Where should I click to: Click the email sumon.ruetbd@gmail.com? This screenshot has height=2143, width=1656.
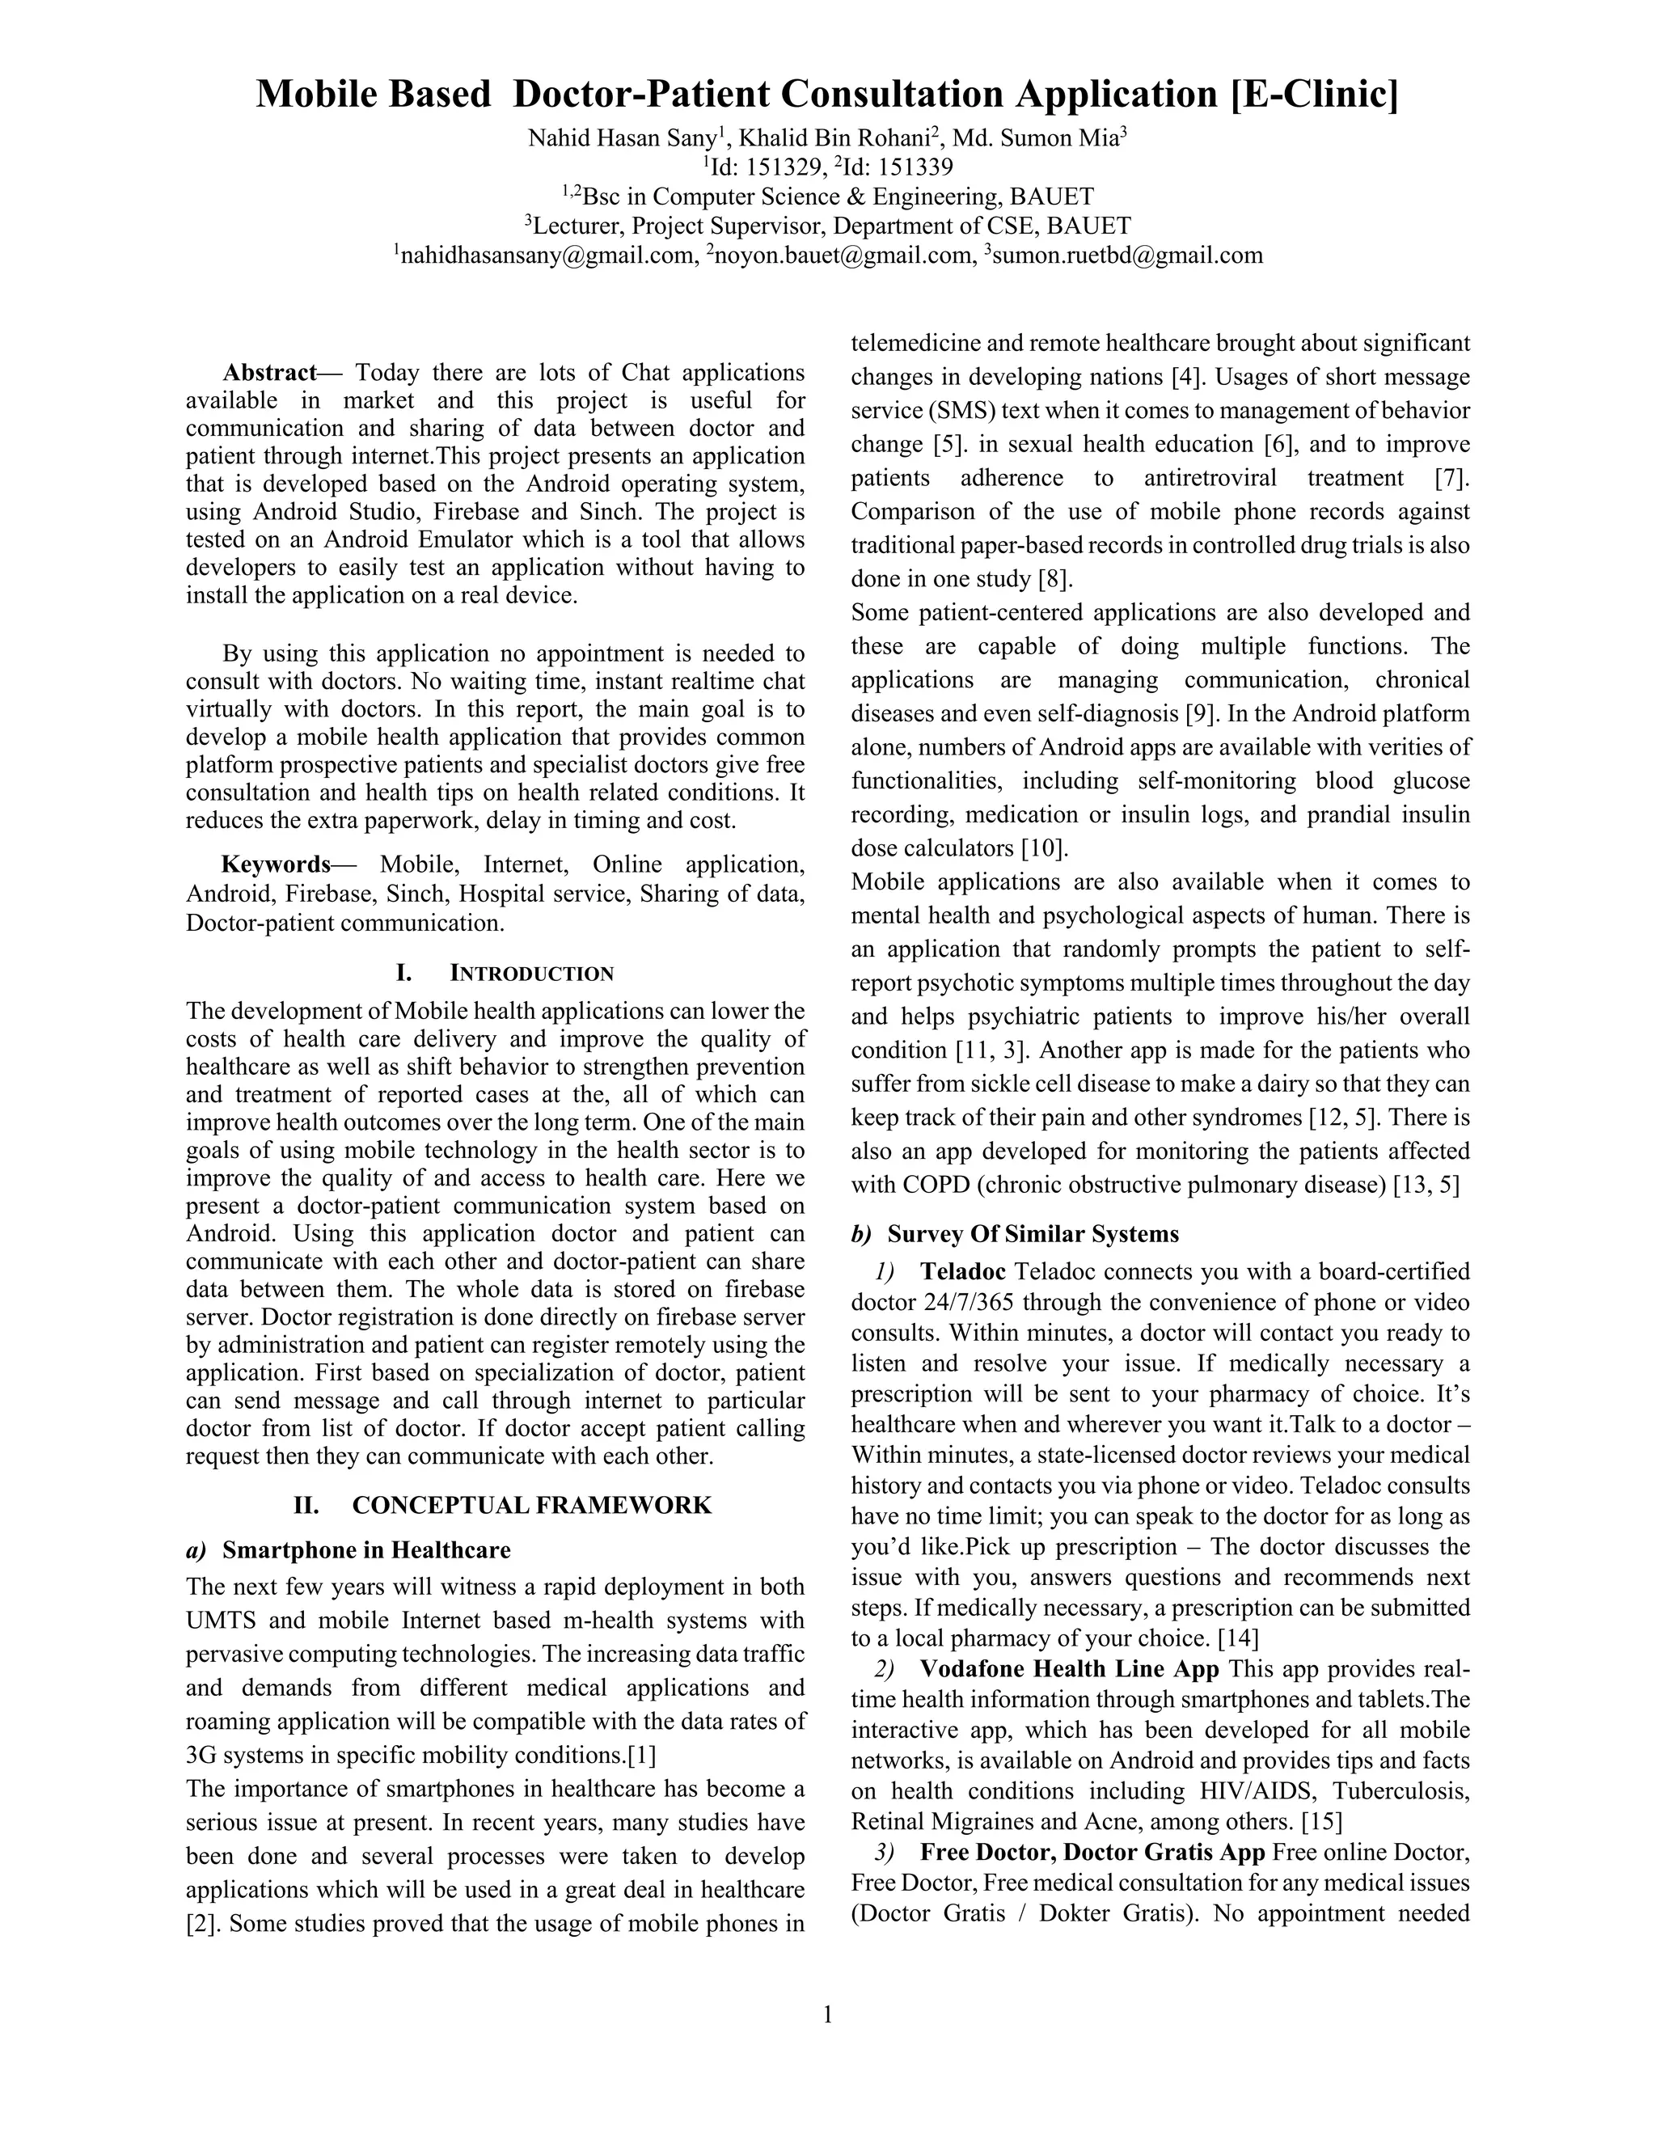tap(1127, 256)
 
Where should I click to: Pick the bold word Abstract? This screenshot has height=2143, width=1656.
tap(268, 373)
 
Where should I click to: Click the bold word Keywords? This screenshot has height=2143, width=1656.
tap(276, 864)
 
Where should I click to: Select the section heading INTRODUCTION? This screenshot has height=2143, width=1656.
tap(532, 974)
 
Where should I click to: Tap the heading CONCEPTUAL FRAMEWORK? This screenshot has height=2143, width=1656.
tap(532, 1505)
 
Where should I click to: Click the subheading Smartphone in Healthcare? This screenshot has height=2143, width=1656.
tap(366, 1550)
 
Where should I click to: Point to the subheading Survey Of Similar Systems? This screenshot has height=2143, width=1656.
tap(1033, 1233)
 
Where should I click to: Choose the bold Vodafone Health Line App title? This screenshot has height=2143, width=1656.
tap(1069, 1669)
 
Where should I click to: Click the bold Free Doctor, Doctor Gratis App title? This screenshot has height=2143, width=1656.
tap(1092, 1853)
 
